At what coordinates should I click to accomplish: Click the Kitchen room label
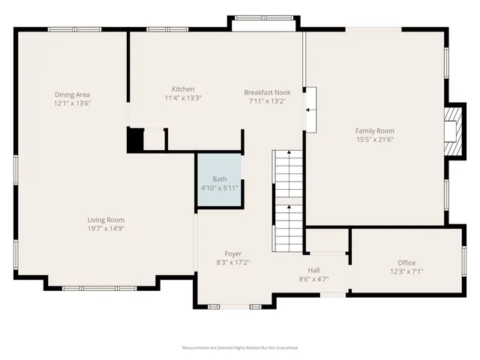183,88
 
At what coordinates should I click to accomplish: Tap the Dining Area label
72,94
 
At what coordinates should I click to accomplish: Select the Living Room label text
105,219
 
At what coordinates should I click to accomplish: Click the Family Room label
374,130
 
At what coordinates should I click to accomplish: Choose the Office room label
406,262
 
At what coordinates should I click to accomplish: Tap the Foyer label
233,253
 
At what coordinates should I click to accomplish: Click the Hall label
314,270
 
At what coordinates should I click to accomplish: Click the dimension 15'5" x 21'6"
374,139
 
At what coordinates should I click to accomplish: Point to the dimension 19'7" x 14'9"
105,228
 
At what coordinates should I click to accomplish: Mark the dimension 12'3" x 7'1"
406,271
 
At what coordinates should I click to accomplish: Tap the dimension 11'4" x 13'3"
183,97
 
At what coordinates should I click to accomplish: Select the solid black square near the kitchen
135,140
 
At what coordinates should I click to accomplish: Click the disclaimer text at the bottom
240,348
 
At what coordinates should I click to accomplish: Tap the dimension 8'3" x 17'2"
233,262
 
